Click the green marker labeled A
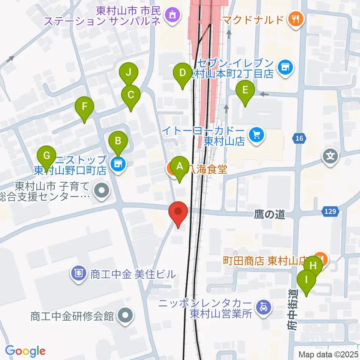point(180,166)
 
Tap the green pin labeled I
point(306,280)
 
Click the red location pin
point(178,213)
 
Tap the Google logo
point(25,351)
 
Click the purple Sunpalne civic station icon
point(172,15)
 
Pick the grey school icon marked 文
point(331,154)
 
